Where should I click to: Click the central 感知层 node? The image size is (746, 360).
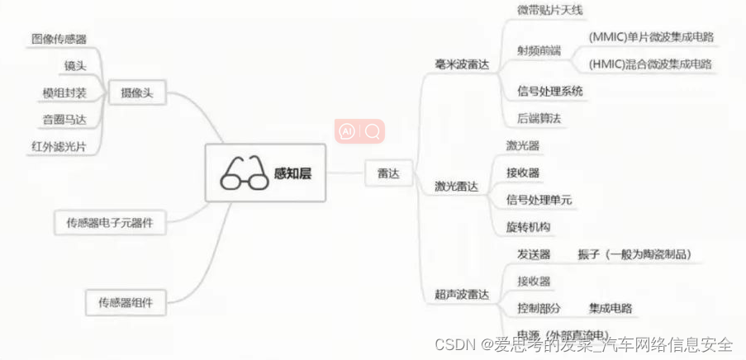(265, 173)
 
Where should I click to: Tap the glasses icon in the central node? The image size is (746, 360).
(241, 173)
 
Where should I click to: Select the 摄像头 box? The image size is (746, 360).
(136, 94)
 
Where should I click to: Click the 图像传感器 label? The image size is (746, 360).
(59, 39)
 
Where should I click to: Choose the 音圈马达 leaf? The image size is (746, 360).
(64, 120)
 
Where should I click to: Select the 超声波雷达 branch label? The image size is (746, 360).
(462, 294)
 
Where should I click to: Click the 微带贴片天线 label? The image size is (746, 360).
(550, 11)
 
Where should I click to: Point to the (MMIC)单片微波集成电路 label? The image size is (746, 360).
(651, 37)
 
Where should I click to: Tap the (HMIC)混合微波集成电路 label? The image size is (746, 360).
(651, 64)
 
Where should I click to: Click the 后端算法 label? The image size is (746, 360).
(539, 118)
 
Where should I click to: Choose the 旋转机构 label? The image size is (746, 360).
(529, 226)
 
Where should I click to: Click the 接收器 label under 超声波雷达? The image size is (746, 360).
(534, 281)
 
